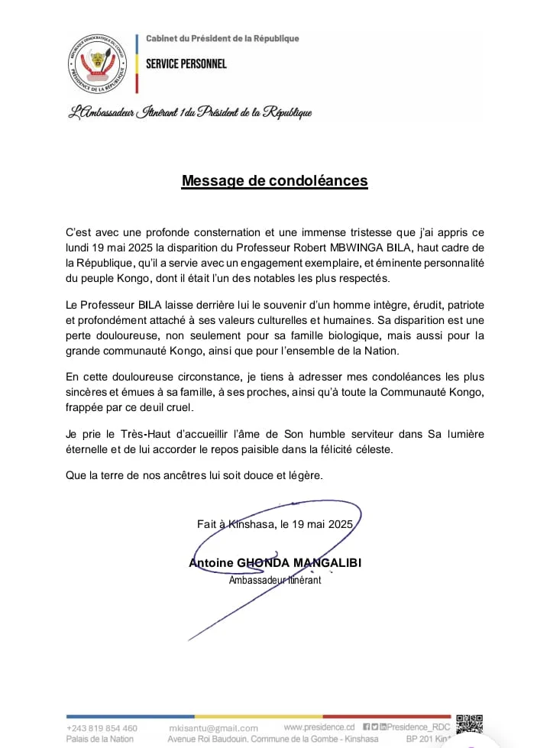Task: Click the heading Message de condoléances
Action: pos(274,181)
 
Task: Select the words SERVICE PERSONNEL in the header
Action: pos(186,63)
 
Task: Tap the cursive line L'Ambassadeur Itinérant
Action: pos(190,112)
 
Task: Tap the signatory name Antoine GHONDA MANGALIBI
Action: pos(275,563)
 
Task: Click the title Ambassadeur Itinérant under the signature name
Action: pos(275,580)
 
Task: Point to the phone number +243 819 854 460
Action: pos(102,727)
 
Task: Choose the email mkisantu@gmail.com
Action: pos(213,728)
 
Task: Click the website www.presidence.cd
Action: pos(319,727)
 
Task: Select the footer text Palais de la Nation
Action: pos(100,739)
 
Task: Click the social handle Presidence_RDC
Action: pos(421,727)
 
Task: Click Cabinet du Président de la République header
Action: pos(222,38)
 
